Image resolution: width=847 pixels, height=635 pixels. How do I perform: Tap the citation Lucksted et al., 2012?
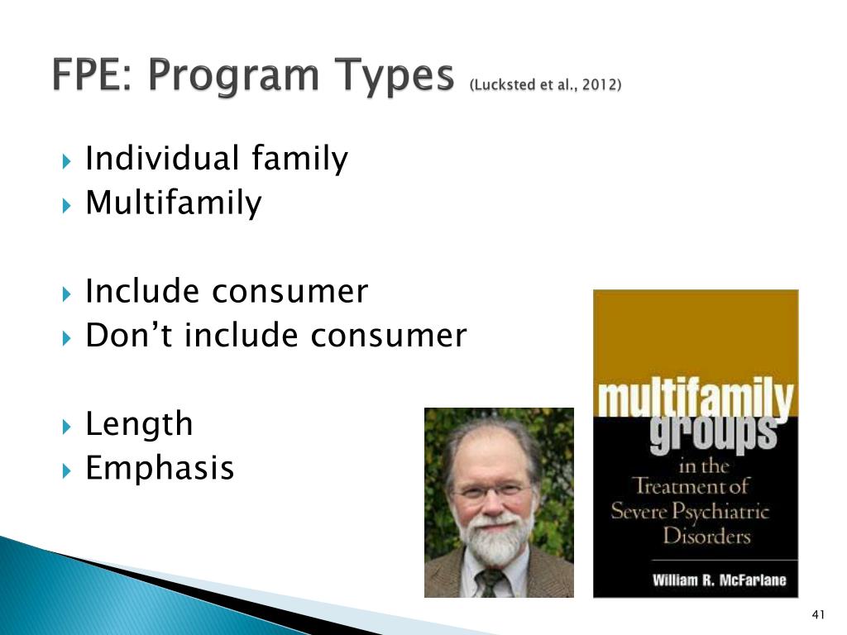pos(545,85)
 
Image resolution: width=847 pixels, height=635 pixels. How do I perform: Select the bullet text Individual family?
pos(217,159)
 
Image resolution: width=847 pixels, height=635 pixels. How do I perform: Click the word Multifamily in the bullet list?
pos(173,203)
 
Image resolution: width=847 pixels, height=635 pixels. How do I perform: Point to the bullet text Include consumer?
pos(227,291)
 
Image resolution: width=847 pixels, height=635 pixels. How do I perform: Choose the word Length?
pos(139,424)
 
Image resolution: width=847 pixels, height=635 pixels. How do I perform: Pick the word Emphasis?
pos(160,469)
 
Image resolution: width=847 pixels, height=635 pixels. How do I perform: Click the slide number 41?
pos(819,614)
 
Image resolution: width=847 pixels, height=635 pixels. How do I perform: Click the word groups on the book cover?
pos(713,432)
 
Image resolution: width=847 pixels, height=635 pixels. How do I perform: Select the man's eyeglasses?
pos(494,491)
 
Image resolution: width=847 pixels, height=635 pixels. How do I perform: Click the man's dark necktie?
pos(492,582)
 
